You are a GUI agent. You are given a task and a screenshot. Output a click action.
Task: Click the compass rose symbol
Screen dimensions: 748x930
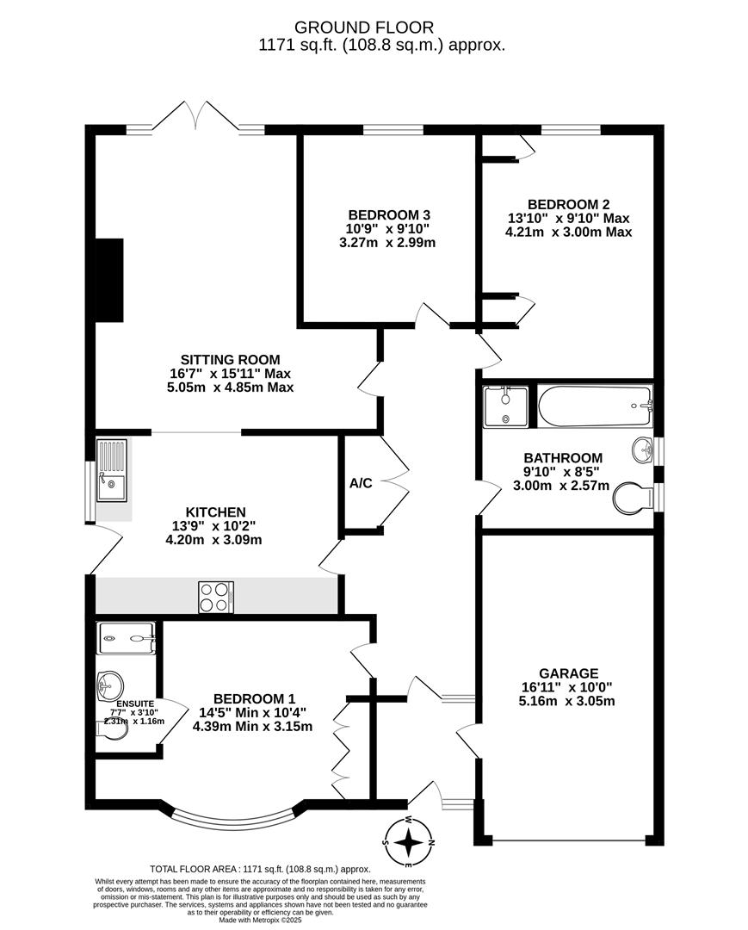(409, 841)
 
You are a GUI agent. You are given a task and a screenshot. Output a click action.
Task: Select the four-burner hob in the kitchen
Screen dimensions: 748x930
(216, 598)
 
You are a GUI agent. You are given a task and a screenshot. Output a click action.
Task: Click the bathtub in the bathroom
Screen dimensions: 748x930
(595, 406)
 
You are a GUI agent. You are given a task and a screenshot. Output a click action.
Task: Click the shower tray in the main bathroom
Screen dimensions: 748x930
(505, 406)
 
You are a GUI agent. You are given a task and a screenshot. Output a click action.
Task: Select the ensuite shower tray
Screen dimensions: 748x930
(127, 638)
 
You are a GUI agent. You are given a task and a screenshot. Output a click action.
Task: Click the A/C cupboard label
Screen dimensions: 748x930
(361, 483)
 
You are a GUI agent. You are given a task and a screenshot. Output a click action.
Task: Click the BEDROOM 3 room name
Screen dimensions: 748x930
(389, 214)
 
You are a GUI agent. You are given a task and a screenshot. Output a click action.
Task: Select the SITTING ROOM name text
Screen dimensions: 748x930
(230, 359)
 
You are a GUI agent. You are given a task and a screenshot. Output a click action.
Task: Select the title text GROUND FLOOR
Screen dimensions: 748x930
(364, 28)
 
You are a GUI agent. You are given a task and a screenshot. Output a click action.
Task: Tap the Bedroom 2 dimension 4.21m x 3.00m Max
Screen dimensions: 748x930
(568, 232)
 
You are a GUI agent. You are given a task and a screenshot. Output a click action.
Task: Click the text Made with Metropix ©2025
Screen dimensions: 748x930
(260, 921)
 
